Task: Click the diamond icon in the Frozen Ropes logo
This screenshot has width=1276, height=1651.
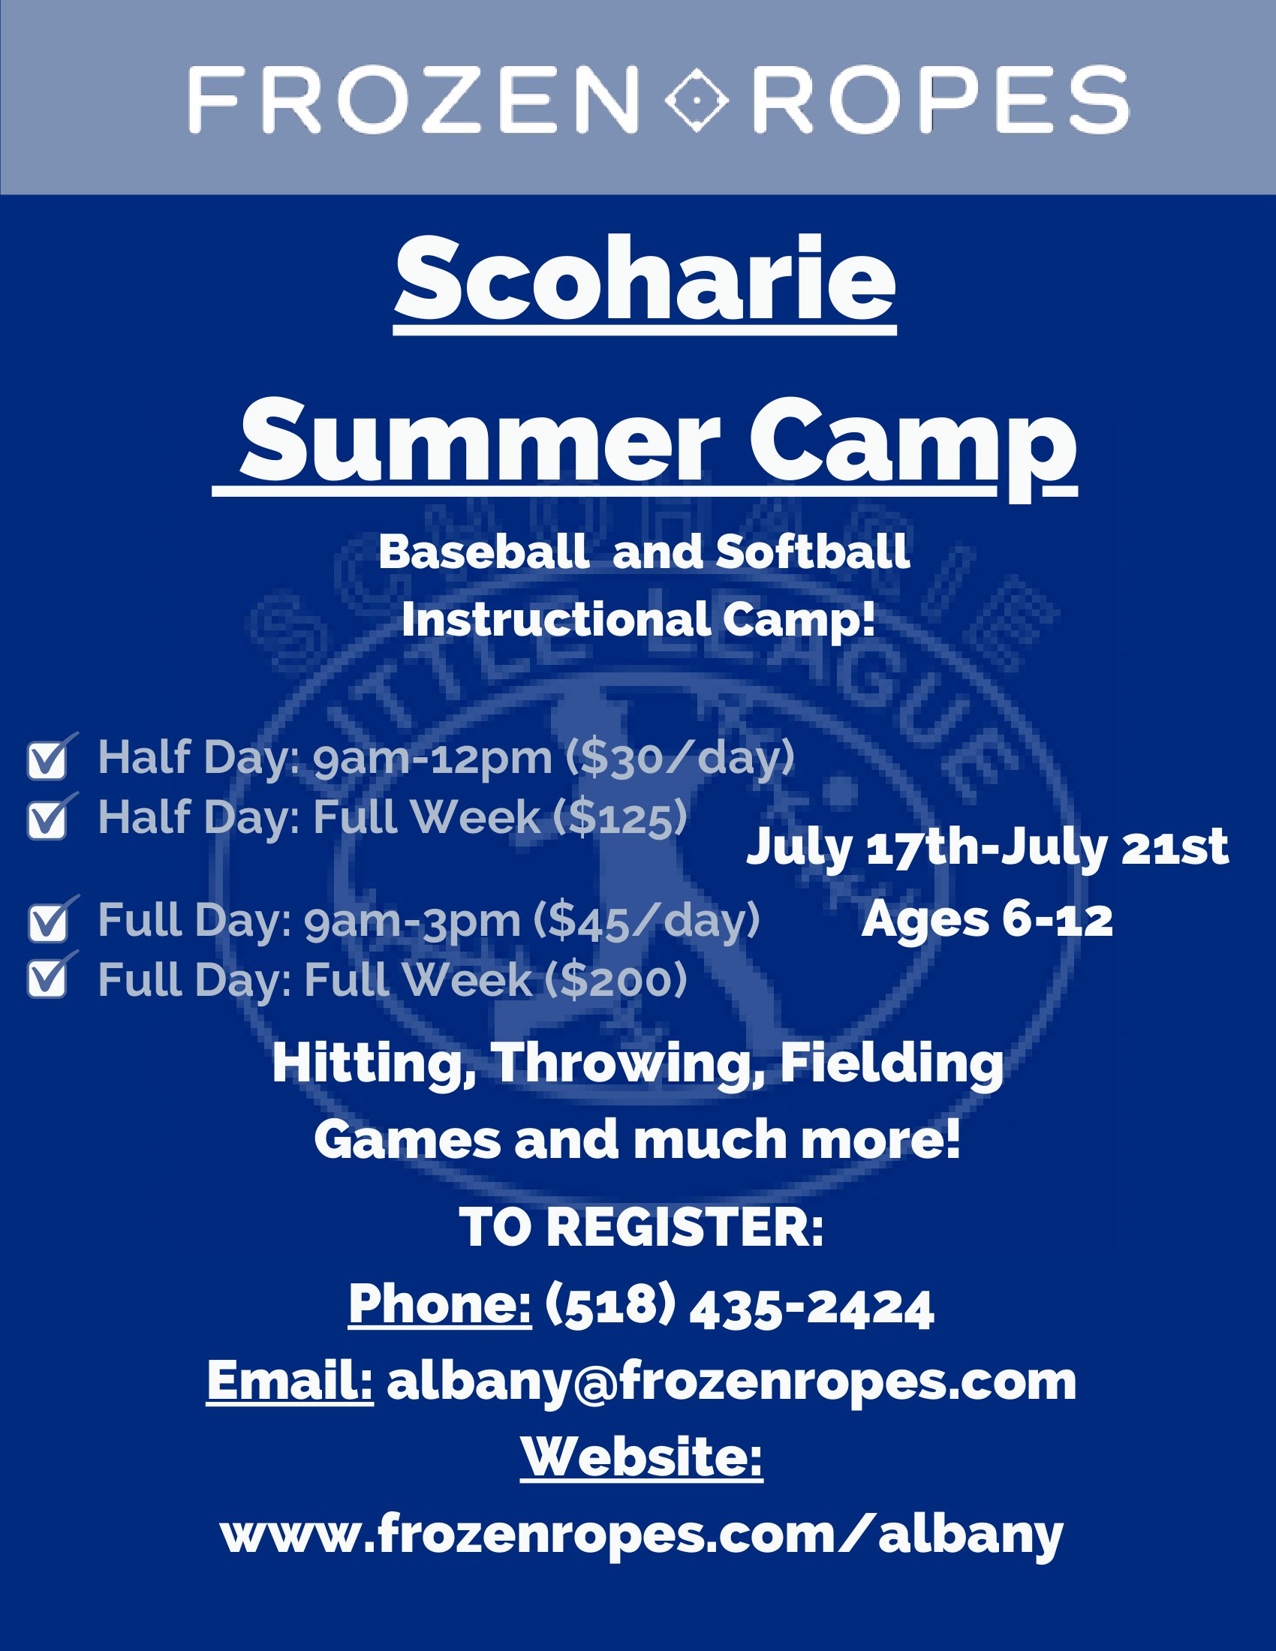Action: pyautogui.click(x=696, y=100)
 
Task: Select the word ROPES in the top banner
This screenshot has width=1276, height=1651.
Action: pyautogui.click(x=940, y=100)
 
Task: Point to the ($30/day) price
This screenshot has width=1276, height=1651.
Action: pyautogui.click(x=681, y=758)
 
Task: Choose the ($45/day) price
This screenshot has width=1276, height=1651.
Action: pyautogui.click(x=647, y=921)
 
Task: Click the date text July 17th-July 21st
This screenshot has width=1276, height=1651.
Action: pyautogui.click(x=987, y=848)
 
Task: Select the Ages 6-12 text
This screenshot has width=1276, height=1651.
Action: pyautogui.click(x=987, y=920)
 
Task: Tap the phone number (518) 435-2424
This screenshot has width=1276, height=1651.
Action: pyautogui.click(x=739, y=1308)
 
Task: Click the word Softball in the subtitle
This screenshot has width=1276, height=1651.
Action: pyautogui.click(x=813, y=552)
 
